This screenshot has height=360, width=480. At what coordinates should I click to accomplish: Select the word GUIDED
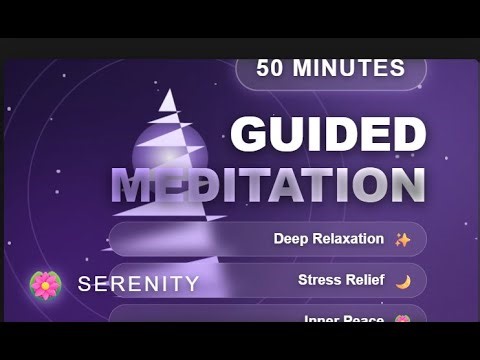tap(329, 135)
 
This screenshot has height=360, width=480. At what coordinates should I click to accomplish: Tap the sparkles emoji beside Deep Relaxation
tap(403, 240)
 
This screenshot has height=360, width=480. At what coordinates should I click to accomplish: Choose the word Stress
tap(319, 280)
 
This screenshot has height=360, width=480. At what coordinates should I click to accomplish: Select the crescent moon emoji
tap(403, 281)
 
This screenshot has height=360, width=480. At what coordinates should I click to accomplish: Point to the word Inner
tap(322, 320)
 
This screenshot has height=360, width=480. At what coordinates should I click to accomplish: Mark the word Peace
tap(365, 320)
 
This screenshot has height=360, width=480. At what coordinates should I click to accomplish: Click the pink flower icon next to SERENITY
tap(45, 284)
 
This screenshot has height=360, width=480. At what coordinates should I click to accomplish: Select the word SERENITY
tap(139, 284)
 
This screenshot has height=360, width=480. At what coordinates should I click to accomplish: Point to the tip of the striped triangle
tap(171, 91)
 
